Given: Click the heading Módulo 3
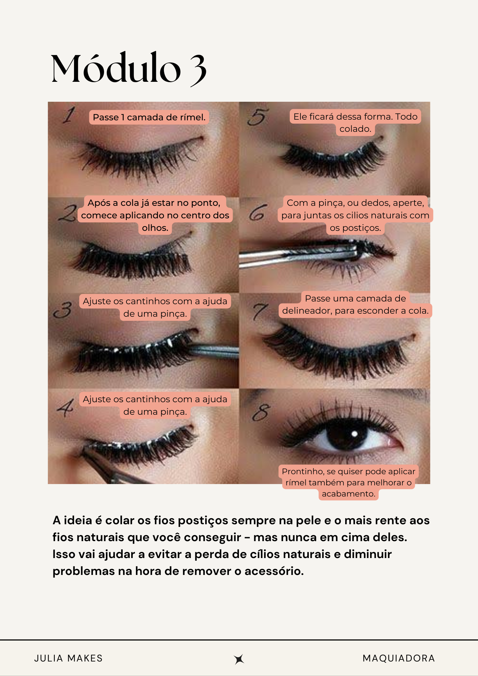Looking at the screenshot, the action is coord(128,69).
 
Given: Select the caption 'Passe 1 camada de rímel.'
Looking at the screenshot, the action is coord(149,117).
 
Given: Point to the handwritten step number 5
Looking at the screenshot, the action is coord(258,117).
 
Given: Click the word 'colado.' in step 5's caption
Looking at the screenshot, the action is coord(355,129).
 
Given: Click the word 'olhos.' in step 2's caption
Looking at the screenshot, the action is coord(155,228).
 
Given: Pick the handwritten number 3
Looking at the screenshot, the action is coord(63,310).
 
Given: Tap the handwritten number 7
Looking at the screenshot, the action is coord(261,311).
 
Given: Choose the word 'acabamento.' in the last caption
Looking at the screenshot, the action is coord(349,494).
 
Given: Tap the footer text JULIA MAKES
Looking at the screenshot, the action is coord(68,658).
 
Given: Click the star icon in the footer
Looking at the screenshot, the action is coord(239,659).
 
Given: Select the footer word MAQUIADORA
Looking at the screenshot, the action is coord(399,658).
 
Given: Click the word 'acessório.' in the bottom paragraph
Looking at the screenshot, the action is coord(274,571).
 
